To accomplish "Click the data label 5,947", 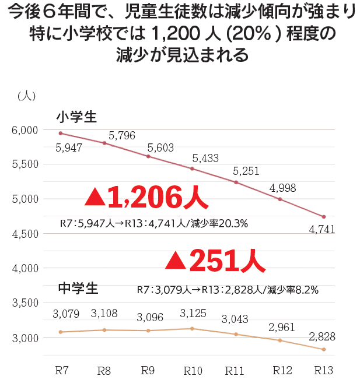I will click(x=68, y=147).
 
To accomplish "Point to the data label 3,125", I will click(x=193, y=314).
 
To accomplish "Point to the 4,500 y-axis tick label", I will click(x=25, y=234).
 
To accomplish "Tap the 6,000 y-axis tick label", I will click(x=25, y=130).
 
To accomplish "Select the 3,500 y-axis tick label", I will click(x=25, y=303).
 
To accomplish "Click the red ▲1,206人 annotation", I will click(x=145, y=198).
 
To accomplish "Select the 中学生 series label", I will click(x=78, y=287).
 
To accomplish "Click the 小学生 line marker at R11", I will click(x=236, y=182).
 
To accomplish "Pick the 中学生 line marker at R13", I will click(x=324, y=349).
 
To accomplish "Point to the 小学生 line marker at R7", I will click(x=61, y=133).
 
